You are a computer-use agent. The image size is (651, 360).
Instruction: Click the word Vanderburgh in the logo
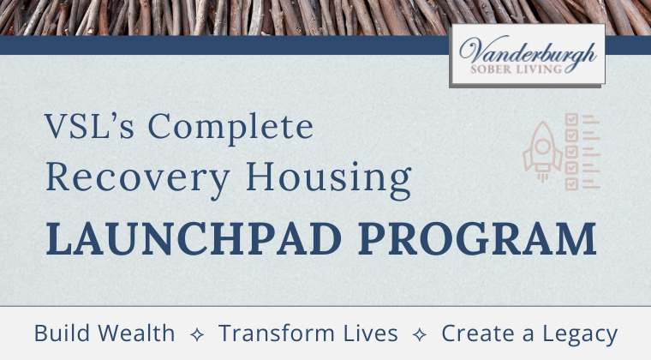[528, 51]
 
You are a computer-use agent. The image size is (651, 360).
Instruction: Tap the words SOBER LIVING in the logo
[528, 70]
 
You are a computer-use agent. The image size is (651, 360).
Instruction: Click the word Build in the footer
[62, 333]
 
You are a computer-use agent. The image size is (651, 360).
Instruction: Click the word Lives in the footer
[368, 333]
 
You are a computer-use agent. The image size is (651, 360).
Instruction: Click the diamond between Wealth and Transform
[197, 334]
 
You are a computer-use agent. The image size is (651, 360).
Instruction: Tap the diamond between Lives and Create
[420, 334]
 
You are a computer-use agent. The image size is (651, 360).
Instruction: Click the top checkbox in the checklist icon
[571, 120]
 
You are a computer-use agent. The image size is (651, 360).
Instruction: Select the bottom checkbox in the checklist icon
[571, 183]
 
